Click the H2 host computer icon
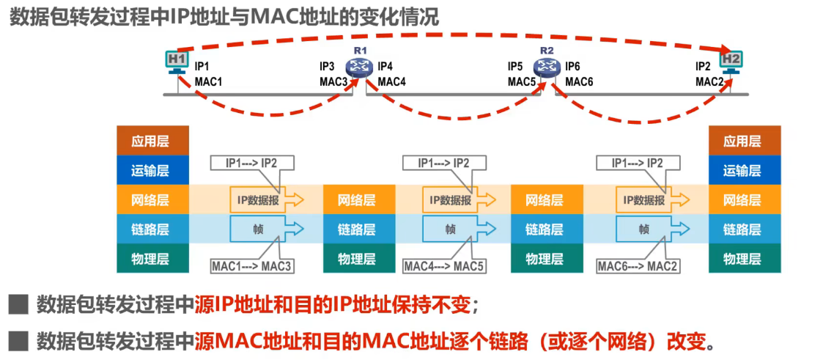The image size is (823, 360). [x=731, y=62]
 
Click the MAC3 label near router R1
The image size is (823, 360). [x=333, y=81]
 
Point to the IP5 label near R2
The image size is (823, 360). [x=516, y=66]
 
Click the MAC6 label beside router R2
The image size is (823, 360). [x=579, y=81]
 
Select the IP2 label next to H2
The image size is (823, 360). [x=703, y=66]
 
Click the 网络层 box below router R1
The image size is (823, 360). [x=357, y=199]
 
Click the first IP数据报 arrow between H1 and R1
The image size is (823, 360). [x=262, y=199]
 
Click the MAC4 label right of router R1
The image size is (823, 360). [x=391, y=81]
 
